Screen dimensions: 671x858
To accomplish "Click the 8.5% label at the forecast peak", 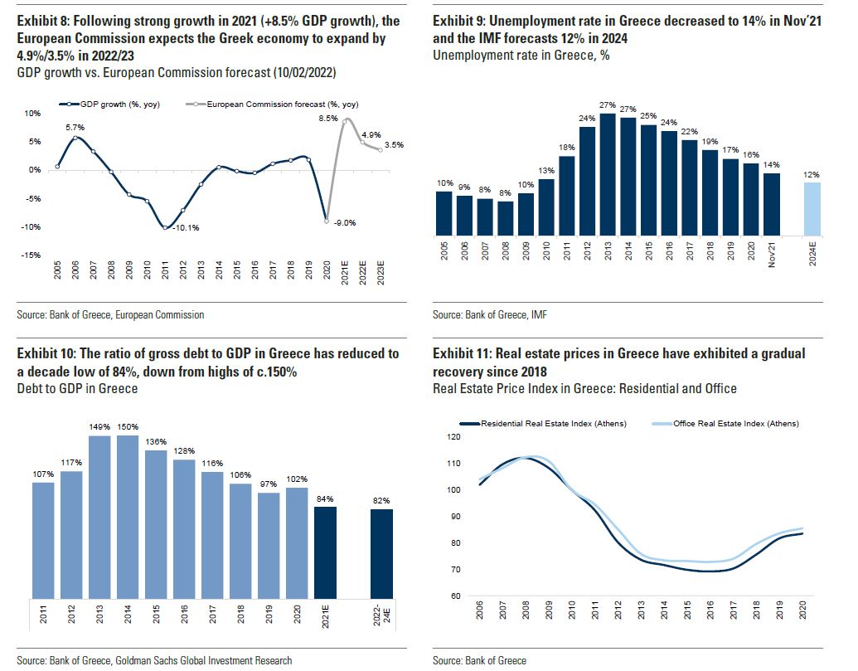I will tap(328, 119).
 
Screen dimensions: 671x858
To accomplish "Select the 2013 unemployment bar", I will tap(608, 175).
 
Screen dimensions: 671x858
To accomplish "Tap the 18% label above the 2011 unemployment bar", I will tap(566, 147).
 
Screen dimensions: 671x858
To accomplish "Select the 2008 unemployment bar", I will tap(505, 219).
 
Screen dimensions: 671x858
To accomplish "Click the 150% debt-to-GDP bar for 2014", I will tap(128, 516).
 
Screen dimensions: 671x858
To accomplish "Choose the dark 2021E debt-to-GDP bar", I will tap(326, 552).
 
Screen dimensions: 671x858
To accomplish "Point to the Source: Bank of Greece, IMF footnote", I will tap(489, 315).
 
